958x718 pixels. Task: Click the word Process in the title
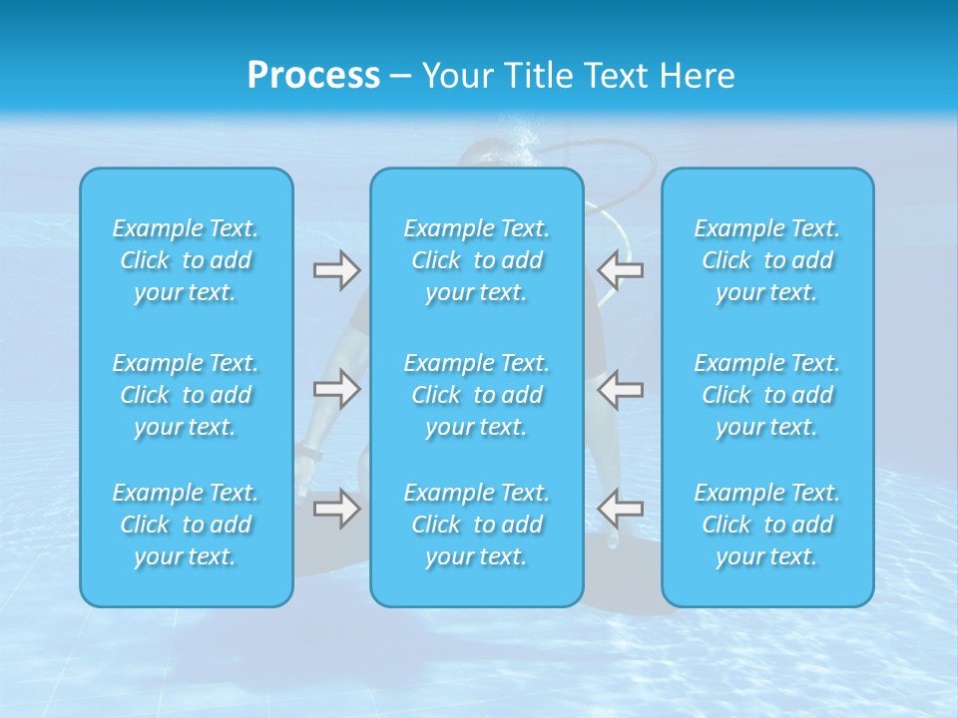313,76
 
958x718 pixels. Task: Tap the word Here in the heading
698,76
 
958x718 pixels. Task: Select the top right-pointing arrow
336,270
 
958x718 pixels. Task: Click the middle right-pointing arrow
336,389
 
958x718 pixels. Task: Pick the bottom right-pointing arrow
336,509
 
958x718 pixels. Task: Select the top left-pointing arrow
621,270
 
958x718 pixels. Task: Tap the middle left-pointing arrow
621,389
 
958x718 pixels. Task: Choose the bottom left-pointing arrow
621,509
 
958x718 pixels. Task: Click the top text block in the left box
186,260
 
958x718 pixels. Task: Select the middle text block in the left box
186,395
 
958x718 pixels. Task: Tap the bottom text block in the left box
186,525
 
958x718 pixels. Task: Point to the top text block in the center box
477,260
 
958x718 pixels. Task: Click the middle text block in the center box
477,395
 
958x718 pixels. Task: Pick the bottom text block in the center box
477,525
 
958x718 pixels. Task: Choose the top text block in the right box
767,260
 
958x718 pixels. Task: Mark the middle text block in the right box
767,395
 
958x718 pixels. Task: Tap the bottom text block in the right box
767,525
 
